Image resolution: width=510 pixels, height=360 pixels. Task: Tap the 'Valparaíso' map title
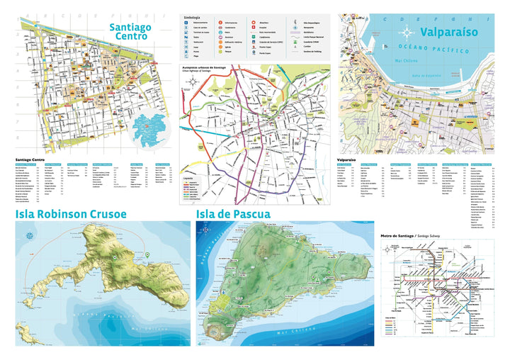[x=448, y=32]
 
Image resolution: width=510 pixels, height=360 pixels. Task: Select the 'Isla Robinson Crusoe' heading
[x=71, y=213]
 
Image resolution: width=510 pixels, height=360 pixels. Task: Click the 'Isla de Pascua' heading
[x=233, y=213]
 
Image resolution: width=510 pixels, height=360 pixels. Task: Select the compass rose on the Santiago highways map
[x=192, y=83]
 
